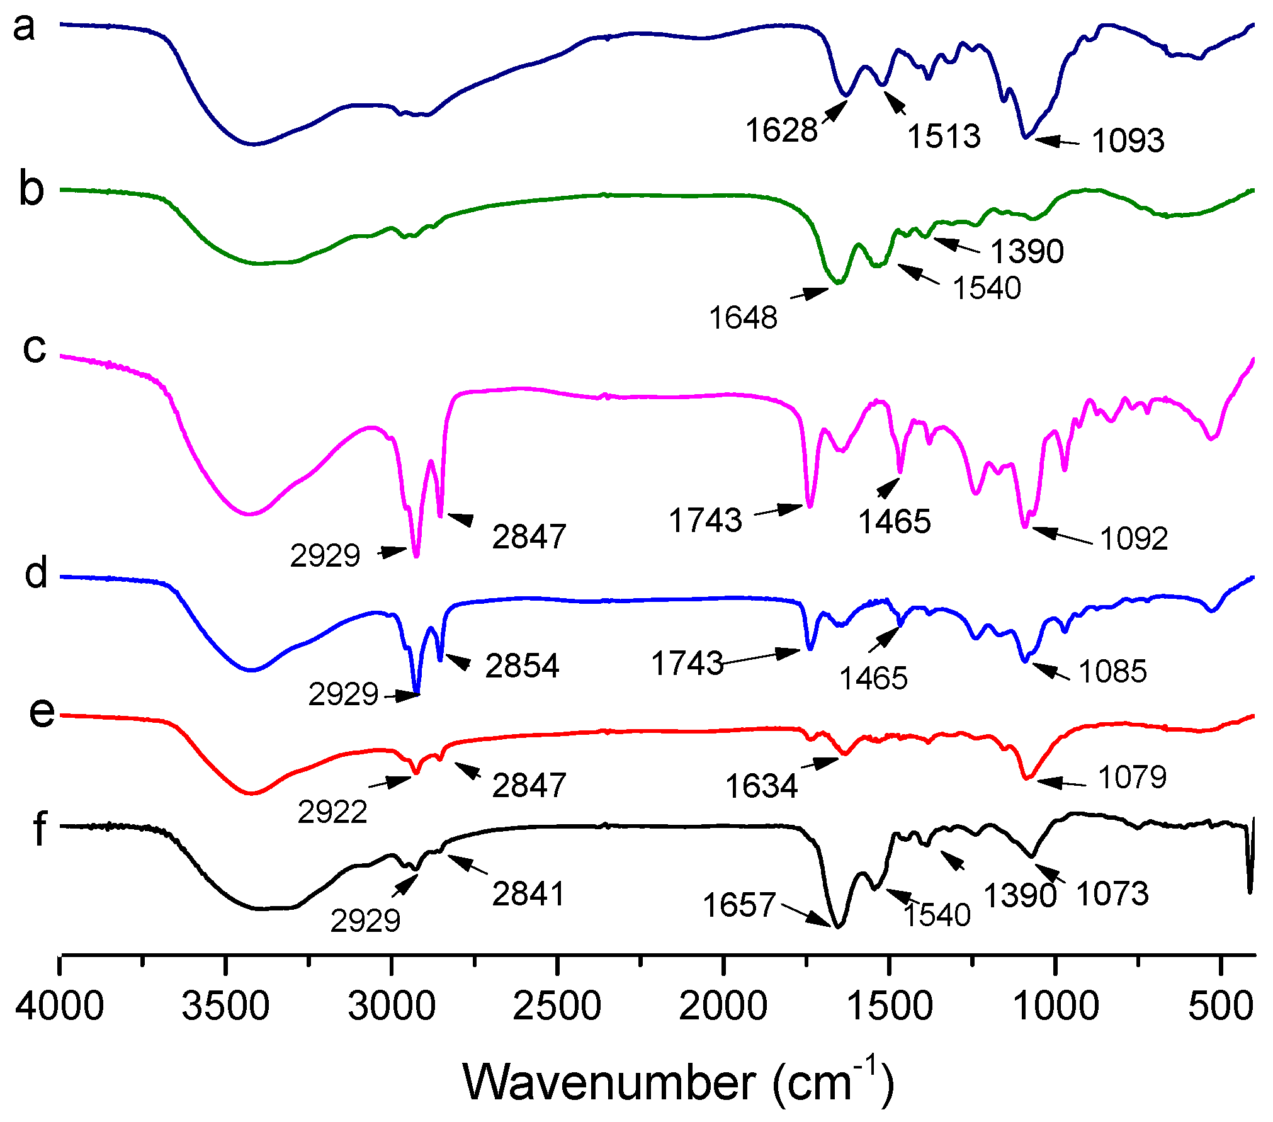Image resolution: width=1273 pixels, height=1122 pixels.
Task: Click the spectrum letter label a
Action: click(x=24, y=28)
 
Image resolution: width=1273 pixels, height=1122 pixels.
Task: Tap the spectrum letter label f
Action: click(x=39, y=829)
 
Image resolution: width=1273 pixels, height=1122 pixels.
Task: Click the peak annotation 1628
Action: click(x=781, y=130)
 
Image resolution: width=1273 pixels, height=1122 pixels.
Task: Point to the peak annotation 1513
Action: click(x=944, y=136)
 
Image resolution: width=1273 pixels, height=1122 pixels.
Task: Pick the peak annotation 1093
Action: click(x=1128, y=140)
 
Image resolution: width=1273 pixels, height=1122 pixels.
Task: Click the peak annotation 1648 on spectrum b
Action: click(x=744, y=318)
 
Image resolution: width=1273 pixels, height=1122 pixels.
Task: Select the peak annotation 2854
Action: click(x=522, y=666)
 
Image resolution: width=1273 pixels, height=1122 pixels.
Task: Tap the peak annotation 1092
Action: click(x=1134, y=539)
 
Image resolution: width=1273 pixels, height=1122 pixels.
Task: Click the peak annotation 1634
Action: click(x=762, y=786)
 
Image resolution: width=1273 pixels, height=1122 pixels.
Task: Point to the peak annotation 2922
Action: click(x=332, y=812)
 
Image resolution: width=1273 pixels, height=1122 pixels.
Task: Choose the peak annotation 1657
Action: click(x=738, y=905)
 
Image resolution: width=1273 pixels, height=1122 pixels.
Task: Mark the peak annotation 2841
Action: click(x=529, y=894)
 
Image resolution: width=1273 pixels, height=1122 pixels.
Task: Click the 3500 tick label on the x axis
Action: click(x=225, y=1006)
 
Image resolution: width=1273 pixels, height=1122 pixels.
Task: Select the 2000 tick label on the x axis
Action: click(x=723, y=1006)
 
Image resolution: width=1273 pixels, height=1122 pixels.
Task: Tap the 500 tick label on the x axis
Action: click(x=1219, y=1006)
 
